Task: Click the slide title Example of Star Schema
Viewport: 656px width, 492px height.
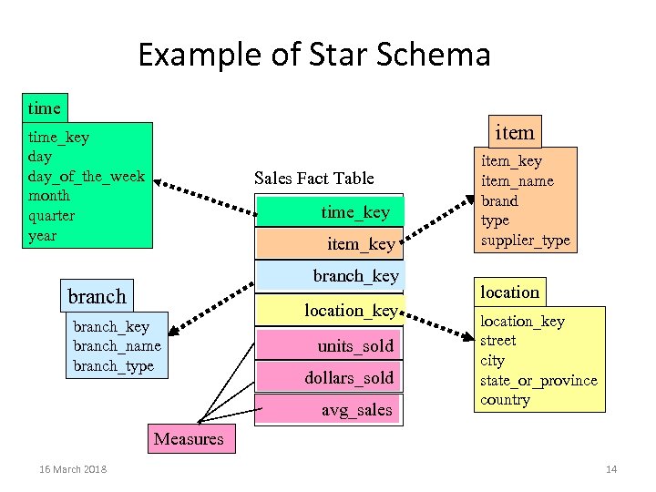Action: click(x=313, y=55)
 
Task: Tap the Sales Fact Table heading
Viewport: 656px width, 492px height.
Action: click(x=313, y=178)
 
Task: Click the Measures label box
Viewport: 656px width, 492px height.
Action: click(x=189, y=439)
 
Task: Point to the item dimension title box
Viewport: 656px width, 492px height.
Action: click(x=514, y=132)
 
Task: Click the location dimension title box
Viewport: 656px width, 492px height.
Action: click(x=509, y=292)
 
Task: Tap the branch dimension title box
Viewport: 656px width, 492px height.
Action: click(x=97, y=296)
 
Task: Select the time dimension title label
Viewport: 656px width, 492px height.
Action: click(x=45, y=108)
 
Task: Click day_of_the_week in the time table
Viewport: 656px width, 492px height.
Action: click(x=87, y=176)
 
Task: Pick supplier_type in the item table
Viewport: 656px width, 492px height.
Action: click(x=526, y=241)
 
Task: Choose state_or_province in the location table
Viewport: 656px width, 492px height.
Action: click(x=538, y=380)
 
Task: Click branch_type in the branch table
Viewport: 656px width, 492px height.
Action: click(x=113, y=366)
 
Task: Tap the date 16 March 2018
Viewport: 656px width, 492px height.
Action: click(x=73, y=469)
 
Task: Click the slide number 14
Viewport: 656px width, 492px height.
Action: click(x=610, y=469)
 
